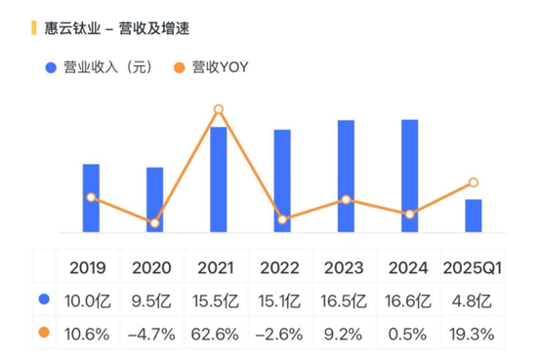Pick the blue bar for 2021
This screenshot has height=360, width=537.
(219, 180)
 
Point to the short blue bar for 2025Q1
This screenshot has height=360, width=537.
(473, 216)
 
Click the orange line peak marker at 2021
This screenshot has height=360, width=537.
(219, 109)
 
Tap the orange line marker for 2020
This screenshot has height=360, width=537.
(154, 223)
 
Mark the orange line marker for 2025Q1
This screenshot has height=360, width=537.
(473, 182)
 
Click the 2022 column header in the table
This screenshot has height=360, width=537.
(281, 267)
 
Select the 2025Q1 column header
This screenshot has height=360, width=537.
(473, 267)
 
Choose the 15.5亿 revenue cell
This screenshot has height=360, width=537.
(218, 300)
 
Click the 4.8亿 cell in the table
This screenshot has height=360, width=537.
(473, 300)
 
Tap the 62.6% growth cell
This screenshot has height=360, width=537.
(218, 334)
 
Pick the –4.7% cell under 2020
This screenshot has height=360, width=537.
(151, 334)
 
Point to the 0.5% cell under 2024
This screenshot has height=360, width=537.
(409, 334)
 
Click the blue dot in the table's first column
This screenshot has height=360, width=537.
(43, 300)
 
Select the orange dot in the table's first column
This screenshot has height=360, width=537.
(43, 334)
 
